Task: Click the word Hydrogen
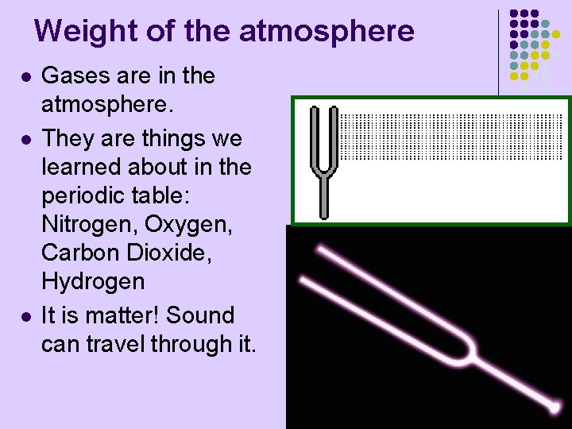click(x=93, y=282)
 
